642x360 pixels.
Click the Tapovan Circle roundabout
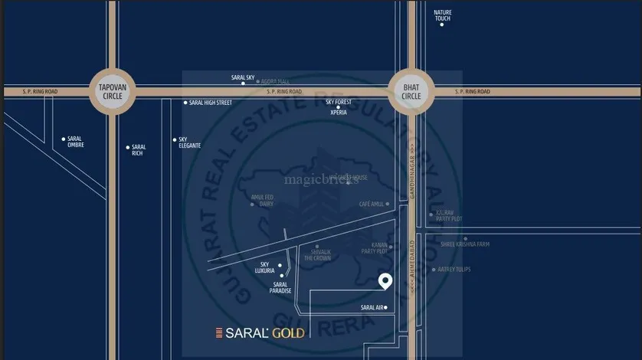pos(112,92)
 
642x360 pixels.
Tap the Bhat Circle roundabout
pos(411,92)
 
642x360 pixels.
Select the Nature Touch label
pos(442,15)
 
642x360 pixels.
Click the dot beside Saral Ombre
pos(64,139)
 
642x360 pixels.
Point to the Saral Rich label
pos(138,150)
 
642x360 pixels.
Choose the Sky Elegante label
pos(189,142)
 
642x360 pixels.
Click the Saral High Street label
pos(210,103)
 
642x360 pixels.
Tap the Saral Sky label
pos(243,77)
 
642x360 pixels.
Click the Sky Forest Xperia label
pos(338,106)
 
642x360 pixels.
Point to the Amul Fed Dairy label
pos(262,200)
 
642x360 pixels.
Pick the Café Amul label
pos(371,205)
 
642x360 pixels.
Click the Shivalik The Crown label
pos(317,255)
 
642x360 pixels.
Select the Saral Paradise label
pos(280,287)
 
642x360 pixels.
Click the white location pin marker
pos(386,281)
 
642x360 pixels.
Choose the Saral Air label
pos(372,308)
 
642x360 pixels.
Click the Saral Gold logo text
pos(260,333)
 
